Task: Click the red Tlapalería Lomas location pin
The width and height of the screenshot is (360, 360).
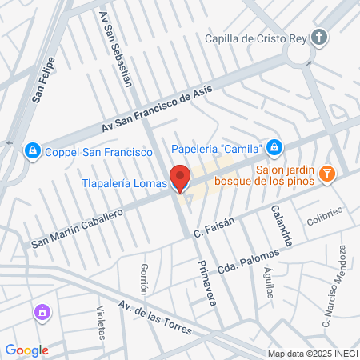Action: tap(179, 178)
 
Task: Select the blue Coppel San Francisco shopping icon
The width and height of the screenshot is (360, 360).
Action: tap(32, 150)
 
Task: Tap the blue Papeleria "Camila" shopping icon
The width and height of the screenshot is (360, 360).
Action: tap(274, 147)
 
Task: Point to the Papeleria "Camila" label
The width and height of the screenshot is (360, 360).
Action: tap(218, 147)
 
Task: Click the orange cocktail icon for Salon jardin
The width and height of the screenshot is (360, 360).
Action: tap(326, 174)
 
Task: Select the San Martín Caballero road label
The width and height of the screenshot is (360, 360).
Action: tap(77, 229)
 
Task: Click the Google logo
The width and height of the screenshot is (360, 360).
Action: tap(26, 350)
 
